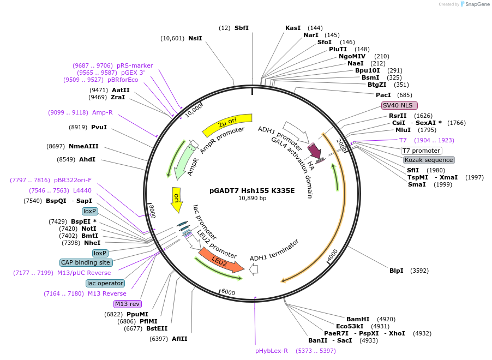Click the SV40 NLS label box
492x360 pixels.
coord(399,105)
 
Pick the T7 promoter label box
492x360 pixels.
coord(421,151)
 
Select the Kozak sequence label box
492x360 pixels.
coord(429,160)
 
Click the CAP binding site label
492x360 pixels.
coord(86,262)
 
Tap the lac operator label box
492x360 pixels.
coord(105,283)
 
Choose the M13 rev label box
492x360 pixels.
coord(127,304)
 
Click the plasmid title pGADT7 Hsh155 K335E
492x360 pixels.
coord(252,190)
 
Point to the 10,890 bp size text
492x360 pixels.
coord(252,198)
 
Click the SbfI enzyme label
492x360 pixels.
coord(241,28)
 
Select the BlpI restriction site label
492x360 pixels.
coord(396,271)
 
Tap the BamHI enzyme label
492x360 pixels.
coord(358,319)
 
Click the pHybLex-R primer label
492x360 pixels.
coord(272,351)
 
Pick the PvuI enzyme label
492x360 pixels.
coord(99,127)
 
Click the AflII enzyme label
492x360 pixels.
coord(179,339)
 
